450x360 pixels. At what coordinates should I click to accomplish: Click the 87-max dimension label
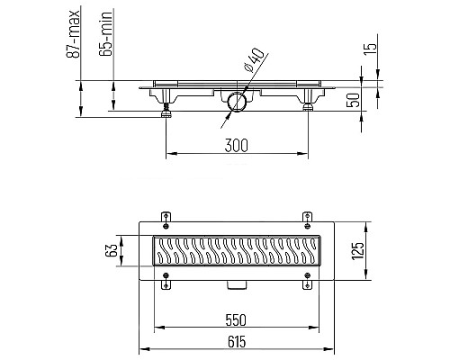[73, 33]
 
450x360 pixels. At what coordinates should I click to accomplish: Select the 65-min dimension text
[105, 33]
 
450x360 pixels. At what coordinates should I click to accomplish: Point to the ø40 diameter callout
[254, 60]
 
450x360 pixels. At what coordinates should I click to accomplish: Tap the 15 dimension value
[370, 49]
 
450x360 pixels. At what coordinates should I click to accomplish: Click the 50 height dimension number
[353, 100]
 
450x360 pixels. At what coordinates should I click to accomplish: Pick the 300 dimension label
[237, 146]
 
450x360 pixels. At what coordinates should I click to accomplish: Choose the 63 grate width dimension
[111, 250]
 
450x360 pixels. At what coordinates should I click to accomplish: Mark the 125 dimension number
[357, 250]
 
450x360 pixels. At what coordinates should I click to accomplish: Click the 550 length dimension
[236, 319]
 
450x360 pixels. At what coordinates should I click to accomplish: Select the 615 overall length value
[237, 342]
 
